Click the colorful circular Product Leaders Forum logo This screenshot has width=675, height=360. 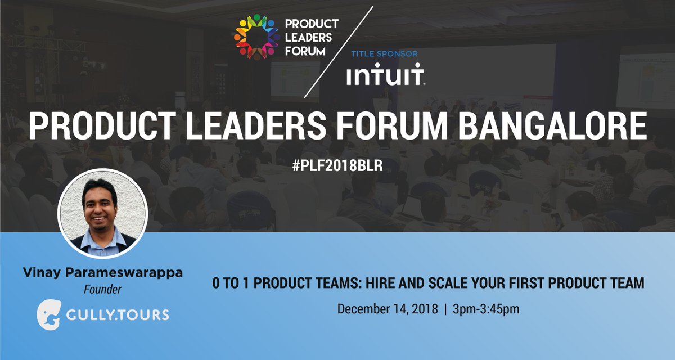tap(256, 37)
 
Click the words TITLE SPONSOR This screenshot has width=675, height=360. tap(384, 55)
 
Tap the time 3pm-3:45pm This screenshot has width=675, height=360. tap(481, 309)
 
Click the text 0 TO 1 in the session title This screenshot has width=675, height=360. tap(228, 283)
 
